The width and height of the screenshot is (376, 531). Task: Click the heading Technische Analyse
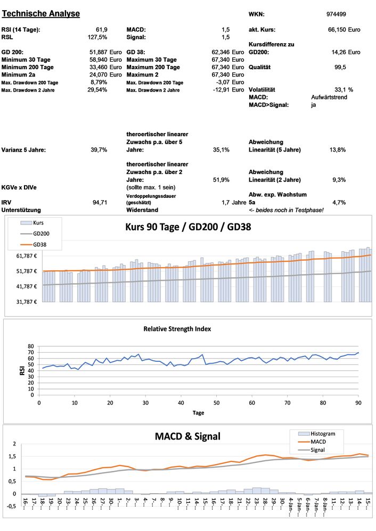pyautogui.click(x=41, y=13)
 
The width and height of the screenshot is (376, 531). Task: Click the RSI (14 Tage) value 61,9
pyautogui.click(x=102, y=30)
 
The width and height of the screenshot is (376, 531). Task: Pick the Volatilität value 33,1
pyautogui.click(x=341, y=90)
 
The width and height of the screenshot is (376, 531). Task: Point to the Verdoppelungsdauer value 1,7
pyautogui.click(x=226, y=202)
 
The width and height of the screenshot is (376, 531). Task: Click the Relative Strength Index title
pyautogui.click(x=177, y=329)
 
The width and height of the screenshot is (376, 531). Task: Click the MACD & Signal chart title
pyautogui.click(x=187, y=436)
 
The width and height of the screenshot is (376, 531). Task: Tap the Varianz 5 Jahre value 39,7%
pyautogui.click(x=99, y=150)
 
